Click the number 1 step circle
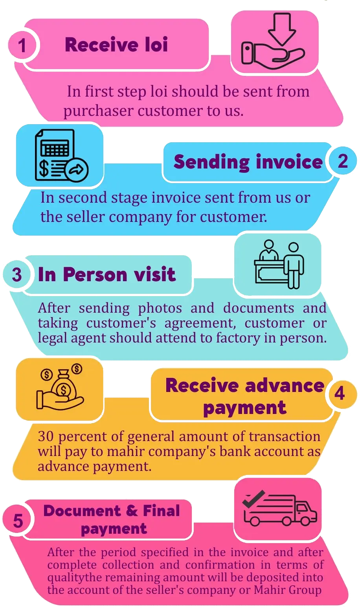[22, 45]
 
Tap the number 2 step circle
[343, 161]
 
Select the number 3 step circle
[17, 275]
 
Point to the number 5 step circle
[18, 521]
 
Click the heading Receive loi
[116, 44]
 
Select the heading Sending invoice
[248, 162]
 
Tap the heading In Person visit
[107, 274]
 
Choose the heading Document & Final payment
[112, 519]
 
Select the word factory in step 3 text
[239, 338]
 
